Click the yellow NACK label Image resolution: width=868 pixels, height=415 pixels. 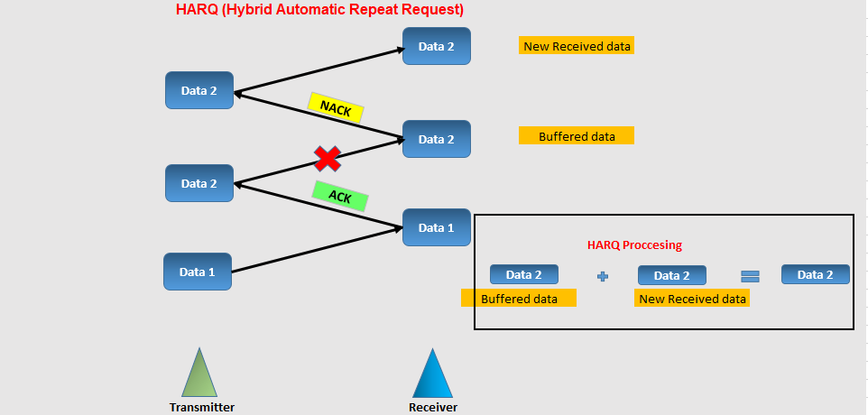click(x=336, y=107)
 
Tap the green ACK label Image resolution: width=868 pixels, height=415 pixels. click(x=340, y=196)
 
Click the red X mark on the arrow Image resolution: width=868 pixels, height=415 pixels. click(x=328, y=159)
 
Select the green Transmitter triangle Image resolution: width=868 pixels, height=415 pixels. click(x=199, y=373)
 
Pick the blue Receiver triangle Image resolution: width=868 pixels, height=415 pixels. click(x=432, y=373)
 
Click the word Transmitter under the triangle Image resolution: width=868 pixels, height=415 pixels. click(x=202, y=408)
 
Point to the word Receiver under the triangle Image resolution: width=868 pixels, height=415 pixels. click(x=433, y=408)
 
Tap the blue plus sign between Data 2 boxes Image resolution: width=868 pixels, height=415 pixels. click(x=603, y=275)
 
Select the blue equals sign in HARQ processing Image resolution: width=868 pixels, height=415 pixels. click(x=750, y=275)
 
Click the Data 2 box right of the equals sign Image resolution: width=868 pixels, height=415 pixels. click(x=816, y=274)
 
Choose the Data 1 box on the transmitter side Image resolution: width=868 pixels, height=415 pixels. click(x=197, y=272)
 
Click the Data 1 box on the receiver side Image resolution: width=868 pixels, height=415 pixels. click(x=436, y=227)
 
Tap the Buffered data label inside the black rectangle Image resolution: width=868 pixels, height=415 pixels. click(x=519, y=299)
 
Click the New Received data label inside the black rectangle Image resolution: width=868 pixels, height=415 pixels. click(x=692, y=299)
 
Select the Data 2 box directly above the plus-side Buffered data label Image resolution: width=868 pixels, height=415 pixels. click(x=523, y=274)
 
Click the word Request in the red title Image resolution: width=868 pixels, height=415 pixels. click(x=434, y=9)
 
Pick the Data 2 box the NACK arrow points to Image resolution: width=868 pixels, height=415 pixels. click(x=199, y=90)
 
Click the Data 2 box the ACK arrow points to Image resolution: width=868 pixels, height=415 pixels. click(x=199, y=183)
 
